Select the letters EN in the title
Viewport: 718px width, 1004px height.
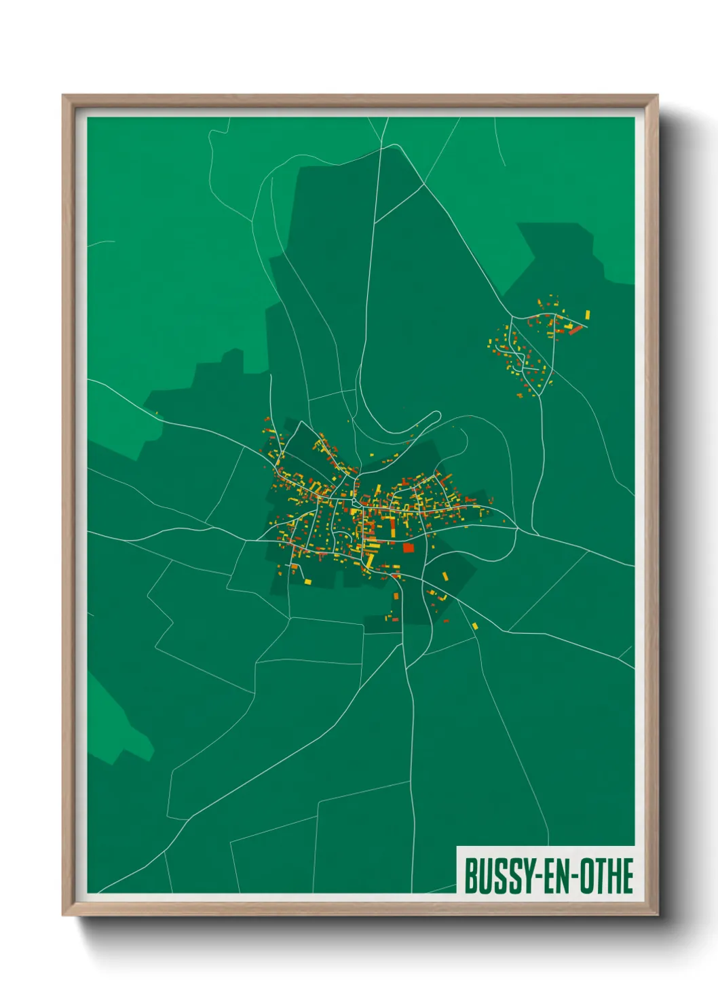[556, 876]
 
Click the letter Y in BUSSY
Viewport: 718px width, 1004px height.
[523, 876]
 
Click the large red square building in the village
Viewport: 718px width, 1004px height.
[408, 547]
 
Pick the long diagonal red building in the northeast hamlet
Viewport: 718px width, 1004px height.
[575, 330]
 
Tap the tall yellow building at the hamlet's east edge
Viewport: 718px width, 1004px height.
[588, 315]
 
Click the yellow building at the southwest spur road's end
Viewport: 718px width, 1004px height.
[307, 581]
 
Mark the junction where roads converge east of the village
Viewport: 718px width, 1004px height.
[518, 528]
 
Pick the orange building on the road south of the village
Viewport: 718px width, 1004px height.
[396, 596]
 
